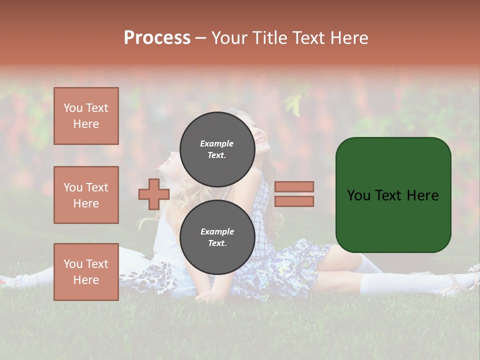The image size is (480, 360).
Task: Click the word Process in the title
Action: (x=157, y=38)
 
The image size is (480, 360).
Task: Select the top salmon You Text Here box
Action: (x=86, y=116)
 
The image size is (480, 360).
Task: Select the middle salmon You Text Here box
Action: (x=86, y=195)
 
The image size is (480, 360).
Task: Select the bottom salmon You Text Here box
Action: (x=86, y=271)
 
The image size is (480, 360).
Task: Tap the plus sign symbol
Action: (x=153, y=194)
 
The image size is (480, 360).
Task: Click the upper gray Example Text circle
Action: (x=217, y=149)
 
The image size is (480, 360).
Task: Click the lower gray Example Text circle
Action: (x=217, y=237)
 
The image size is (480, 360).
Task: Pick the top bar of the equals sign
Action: (x=294, y=187)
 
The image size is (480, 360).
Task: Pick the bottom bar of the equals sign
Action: (x=294, y=201)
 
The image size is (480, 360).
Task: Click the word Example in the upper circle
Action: (x=216, y=143)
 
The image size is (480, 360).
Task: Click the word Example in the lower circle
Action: (x=217, y=231)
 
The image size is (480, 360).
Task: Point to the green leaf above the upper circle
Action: (x=295, y=105)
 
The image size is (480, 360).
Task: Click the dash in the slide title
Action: (x=200, y=38)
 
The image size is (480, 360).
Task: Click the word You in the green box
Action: (x=358, y=195)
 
